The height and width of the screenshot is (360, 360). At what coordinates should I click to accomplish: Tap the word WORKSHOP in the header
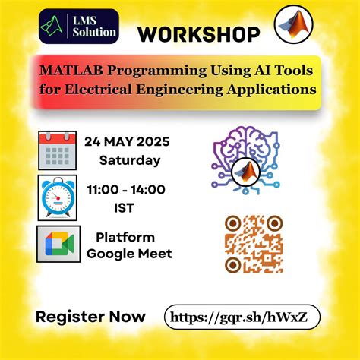[x=199, y=34]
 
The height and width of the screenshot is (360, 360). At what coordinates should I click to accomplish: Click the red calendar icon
[x=57, y=152]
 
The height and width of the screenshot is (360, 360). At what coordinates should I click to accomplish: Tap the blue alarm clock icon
[x=58, y=197]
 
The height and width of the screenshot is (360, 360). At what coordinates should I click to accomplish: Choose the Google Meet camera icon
[x=58, y=244]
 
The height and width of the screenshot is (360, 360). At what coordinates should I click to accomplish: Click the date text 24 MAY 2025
[x=127, y=142]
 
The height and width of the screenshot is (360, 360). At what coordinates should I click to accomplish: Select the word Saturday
[x=130, y=160]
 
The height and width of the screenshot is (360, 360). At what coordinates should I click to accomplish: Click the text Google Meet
[x=129, y=253]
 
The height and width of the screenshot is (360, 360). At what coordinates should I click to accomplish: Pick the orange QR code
[x=254, y=244]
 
